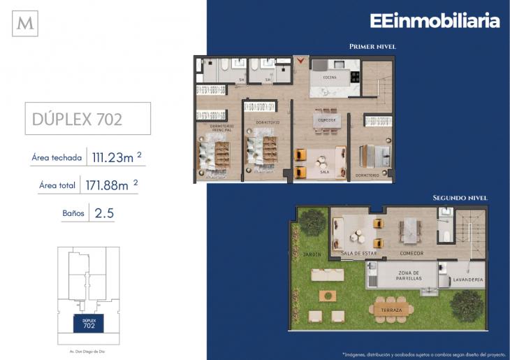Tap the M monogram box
point(25,24)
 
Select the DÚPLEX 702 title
point(78,119)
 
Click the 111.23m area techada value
point(113,158)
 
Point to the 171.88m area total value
point(111,185)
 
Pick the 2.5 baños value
point(102,212)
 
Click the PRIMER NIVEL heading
point(372,46)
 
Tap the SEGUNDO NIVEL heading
point(460,198)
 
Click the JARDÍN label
point(312,254)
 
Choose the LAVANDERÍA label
point(467,280)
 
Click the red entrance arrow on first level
point(301,62)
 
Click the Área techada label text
point(57,158)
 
